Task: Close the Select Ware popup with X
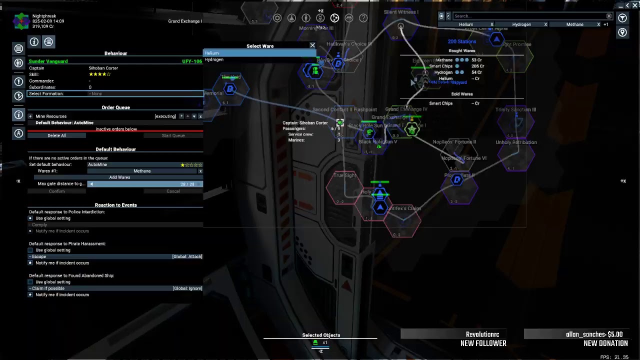coord(312,45)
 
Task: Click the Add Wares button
coord(119,177)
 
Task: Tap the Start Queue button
coord(173,135)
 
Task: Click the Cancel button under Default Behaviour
coord(173,191)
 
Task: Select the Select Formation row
coord(115,93)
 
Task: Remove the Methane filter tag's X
coord(598,24)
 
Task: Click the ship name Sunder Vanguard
coord(48,61)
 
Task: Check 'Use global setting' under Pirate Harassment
coord(30,250)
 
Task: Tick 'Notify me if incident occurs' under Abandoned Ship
coord(30,294)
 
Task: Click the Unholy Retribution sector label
coord(516,142)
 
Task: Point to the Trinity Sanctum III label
coord(515,109)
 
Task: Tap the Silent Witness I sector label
coord(400,12)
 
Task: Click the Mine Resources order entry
coord(51,116)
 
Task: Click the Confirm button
coord(56,191)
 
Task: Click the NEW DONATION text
coord(605,343)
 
